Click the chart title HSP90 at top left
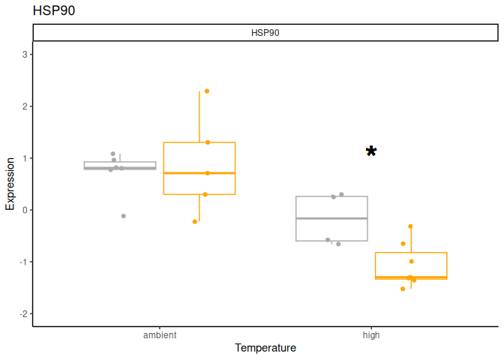[54, 11]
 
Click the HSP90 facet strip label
[265, 33]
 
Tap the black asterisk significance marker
[371, 151]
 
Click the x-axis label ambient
[160, 335]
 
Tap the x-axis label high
[371, 335]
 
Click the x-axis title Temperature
[265, 349]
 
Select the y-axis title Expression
[10, 184]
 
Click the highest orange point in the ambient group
[207, 91]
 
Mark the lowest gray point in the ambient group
[124, 216]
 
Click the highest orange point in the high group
[411, 226]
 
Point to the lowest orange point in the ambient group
[195, 222]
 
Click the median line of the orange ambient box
[199, 173]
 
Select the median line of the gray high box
[331, 218]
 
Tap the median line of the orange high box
[411, 277]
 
